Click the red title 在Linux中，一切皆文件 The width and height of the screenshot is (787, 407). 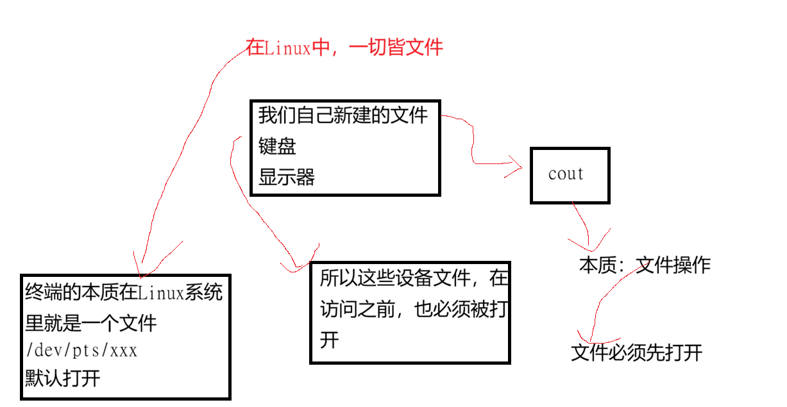tap(344, 47)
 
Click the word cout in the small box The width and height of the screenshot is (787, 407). tap(566, 174)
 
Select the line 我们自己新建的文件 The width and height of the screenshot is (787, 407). tap(343, 116)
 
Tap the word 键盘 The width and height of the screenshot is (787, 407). tap(277, 147)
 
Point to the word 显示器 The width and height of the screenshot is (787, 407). tap(287, 178)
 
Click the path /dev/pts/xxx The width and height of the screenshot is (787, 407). tap(81, 351)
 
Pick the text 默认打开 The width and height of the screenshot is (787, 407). tap(63, 378)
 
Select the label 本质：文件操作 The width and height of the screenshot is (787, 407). tap(645, 265)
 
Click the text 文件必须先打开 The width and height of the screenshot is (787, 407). tap(636, 353)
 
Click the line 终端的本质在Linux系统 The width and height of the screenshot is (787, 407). tap(124, 293)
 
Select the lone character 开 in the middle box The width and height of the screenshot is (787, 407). tap(329, 340)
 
